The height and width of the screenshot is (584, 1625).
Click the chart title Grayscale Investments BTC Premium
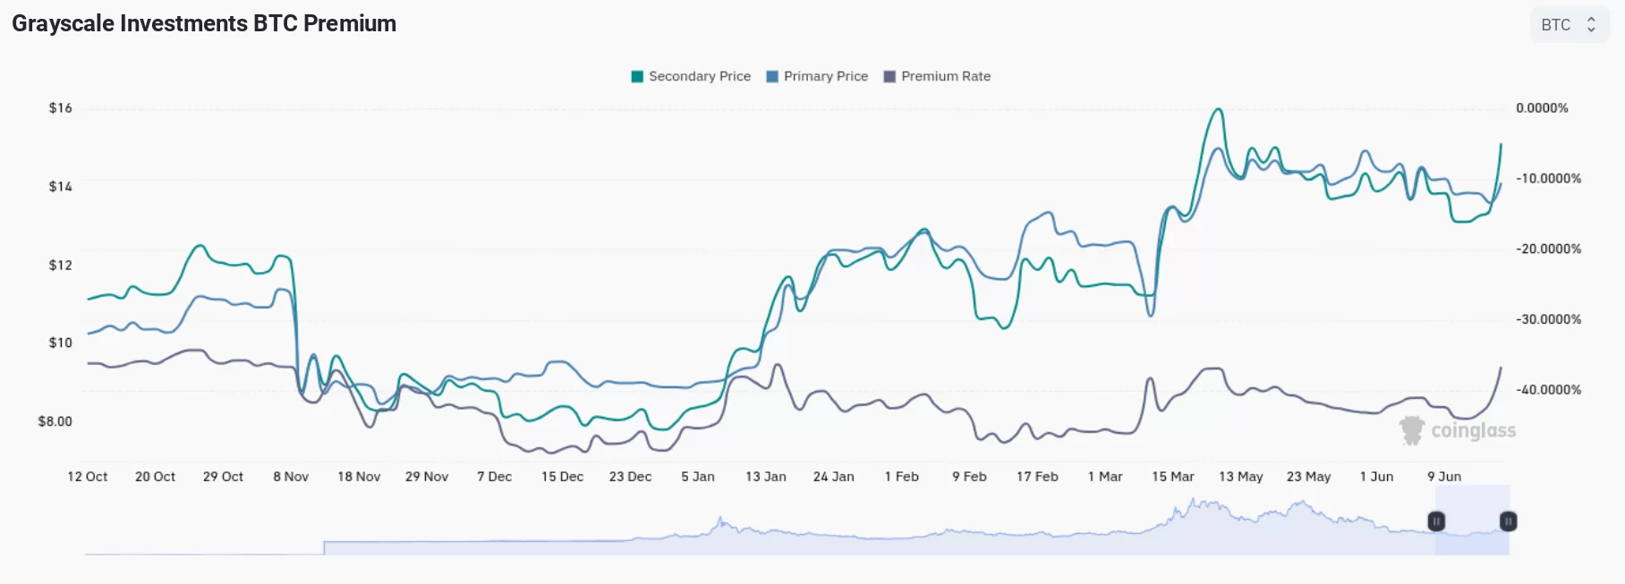(204, 24)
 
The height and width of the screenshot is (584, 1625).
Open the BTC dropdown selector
(1569, 25)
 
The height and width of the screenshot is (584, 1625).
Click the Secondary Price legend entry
(691, 77)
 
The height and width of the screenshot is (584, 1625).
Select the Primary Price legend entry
(817, 77)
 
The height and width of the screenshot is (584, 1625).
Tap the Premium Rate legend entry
(937, 77)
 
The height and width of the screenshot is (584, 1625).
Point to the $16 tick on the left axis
(61, 108)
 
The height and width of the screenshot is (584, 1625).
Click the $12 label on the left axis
(61, 265)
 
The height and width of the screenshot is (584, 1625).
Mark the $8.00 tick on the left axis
(55, 421)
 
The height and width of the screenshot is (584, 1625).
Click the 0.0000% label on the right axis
(1542, 108)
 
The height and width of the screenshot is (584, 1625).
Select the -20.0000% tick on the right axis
(1548, 249)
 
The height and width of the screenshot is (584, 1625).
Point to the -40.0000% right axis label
(1548, 390)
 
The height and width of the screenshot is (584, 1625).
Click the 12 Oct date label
(88, 477)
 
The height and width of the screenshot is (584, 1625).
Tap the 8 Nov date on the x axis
(291, 477)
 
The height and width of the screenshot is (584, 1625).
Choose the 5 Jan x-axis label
(698, 477)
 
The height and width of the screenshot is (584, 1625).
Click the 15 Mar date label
(1173, 477)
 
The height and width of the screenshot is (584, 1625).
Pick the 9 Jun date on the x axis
(1444, 477)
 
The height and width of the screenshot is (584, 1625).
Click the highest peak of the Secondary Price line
(1217, 110)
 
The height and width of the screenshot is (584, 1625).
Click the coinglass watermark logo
(1458, 431)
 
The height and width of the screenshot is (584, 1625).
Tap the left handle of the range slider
(1436, 521)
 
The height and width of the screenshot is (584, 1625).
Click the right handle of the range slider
(1508, 521)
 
